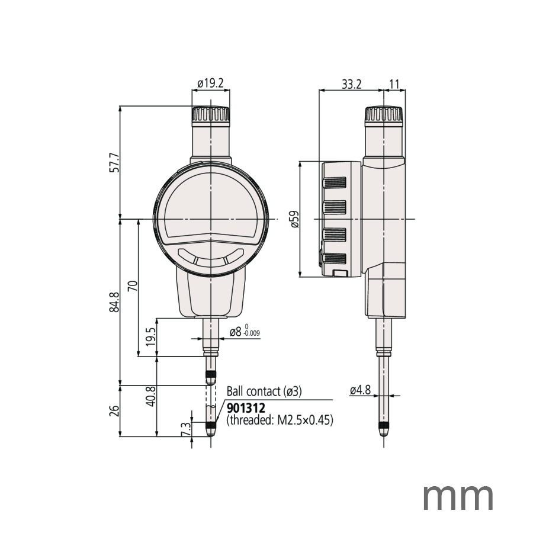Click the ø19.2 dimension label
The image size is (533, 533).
point(210,84)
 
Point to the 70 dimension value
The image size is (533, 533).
point(133,287)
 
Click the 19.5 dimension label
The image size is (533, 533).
point(150,338)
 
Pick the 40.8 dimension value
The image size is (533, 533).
point(150,396)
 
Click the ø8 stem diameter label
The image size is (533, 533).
point(235,332)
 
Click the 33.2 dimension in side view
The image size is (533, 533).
point(351,84)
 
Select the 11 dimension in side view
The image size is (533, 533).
point(394,84)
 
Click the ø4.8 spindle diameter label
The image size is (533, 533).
point(359,390)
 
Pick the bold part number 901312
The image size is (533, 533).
point(245,408)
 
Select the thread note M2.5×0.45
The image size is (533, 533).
point(280,420)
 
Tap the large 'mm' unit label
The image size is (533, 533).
point(458,496)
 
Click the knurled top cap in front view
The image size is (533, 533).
point(210,114)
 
